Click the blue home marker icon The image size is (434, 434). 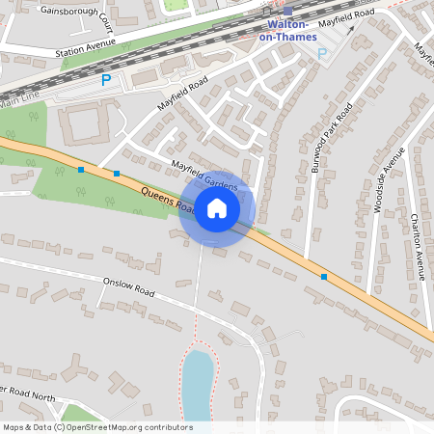[217, 208]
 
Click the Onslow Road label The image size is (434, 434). [128, 285]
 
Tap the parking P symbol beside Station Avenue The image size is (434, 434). [106, 80]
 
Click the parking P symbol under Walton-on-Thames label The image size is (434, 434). [322, 54]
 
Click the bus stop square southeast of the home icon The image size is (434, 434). [324, 277]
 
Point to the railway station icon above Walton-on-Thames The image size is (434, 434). [286, 11]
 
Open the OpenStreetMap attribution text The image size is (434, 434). [97, 427]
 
